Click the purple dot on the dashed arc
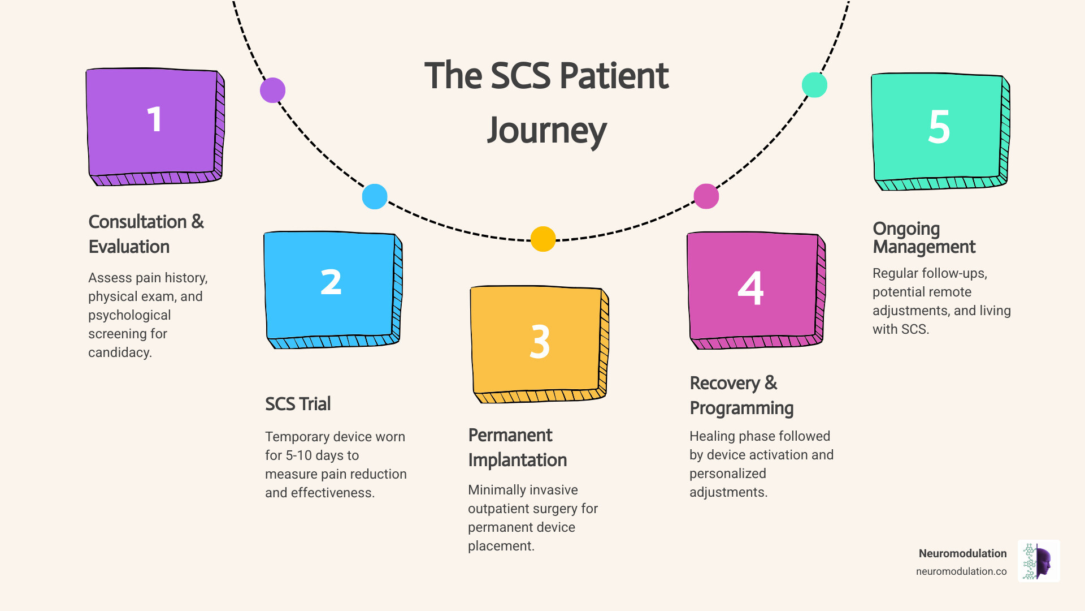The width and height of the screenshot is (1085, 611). click(x=272, y=90)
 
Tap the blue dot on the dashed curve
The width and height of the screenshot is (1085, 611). click(x=374, y=196)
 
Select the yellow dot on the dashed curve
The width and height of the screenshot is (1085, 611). click(x=542, y=239)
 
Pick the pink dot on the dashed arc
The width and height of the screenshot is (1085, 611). click(x=706, y=196)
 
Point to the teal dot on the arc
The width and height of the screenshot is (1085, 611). click(x=814, y=85)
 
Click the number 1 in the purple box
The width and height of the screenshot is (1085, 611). click(x=154, y=120)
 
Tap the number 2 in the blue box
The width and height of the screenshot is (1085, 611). click(x=331, y=282)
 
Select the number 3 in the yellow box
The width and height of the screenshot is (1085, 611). click(x=540, y=342)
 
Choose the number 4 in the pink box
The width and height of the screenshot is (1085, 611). click(x=750, y=288)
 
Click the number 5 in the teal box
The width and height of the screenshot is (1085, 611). click(x=939, y=127)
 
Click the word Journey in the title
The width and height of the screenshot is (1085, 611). click(x=546, y=131)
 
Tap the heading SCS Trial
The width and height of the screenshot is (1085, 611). click(x=298, y=404)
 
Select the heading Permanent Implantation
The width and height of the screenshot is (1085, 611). click(x=517, y=448)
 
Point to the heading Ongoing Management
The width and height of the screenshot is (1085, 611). click(x=923, y=238)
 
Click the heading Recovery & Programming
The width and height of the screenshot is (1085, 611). click(x=741, y=395)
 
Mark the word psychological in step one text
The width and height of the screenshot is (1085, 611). click(x=129, y=315)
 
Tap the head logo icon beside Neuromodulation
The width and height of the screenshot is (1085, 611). click(x=1039, y=561)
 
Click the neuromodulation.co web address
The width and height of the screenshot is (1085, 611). click(x=961, y=571)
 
